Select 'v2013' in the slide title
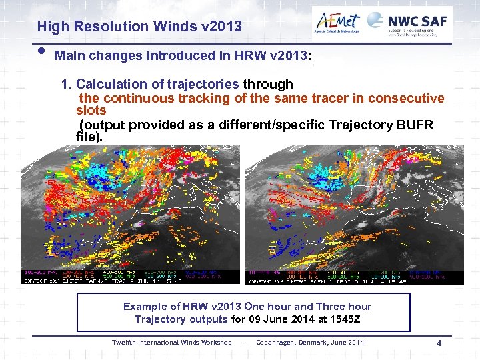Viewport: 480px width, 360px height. tap(219, 27)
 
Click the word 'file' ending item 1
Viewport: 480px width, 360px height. tap(87, 137)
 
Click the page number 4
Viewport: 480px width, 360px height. tap(439, 343)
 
